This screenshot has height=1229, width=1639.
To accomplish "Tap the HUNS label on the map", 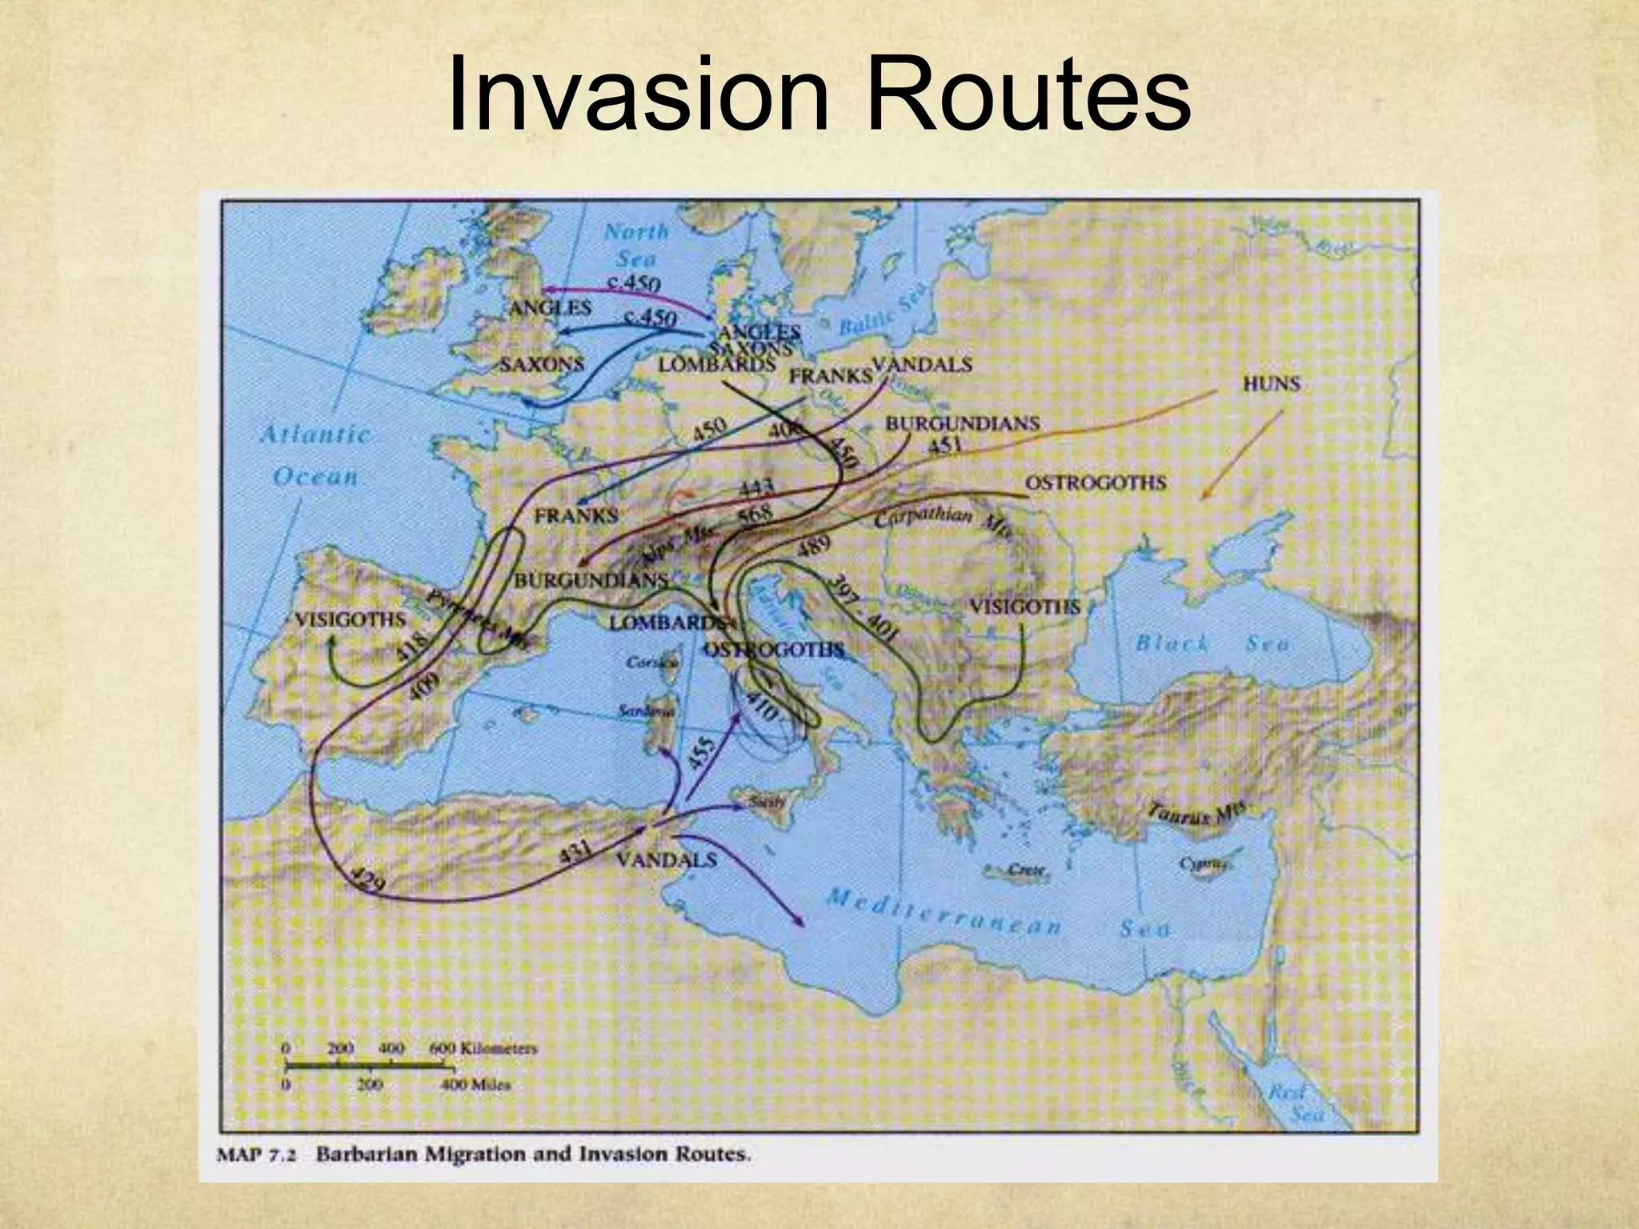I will coord(1271,384).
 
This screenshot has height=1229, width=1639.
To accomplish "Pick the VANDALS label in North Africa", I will coord(666,860).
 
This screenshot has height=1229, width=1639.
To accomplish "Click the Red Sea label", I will coord(1296,1102).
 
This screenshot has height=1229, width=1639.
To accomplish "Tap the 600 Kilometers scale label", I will coord(483,1048).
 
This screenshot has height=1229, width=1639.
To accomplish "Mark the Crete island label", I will coord(1024,870).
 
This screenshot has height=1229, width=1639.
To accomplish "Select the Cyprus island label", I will coord(1203,864).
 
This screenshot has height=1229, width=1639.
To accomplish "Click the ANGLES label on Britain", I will coord(551,307).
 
